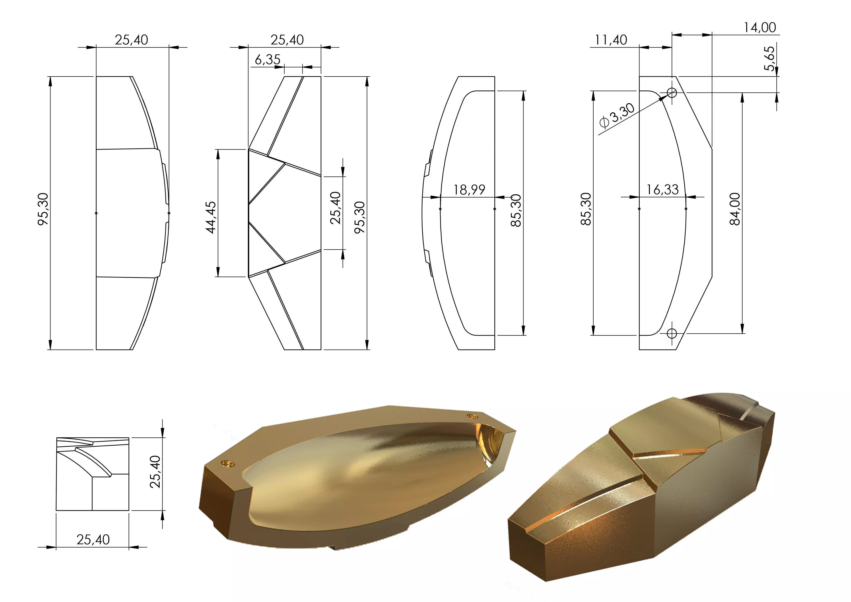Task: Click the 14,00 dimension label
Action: (760, 27)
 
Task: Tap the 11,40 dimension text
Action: (611, 40)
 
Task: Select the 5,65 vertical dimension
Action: (769, 58)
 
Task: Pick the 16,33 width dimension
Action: (662, 190)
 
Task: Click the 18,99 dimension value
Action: (469, 190)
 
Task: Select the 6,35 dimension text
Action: (267, 59)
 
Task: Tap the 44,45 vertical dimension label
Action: (211, 217)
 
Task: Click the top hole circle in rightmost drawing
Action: (672, 92)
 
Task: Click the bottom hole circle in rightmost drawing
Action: (672, 333)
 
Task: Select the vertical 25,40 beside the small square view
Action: (155, 472)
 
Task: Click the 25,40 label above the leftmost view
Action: (131, 40)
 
